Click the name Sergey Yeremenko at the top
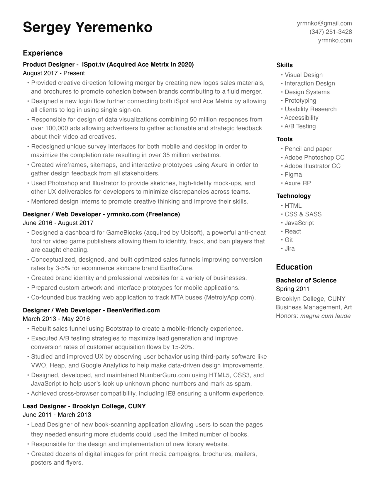click(87, 28)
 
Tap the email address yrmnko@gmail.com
click(324, 23)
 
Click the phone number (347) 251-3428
click(331, 32)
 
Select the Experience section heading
click(43, 53)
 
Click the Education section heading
click(294, 267)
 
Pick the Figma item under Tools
click(293, 175)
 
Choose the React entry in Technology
click(292, 231)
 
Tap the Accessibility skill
click(301, 118)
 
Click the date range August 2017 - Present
click(54, 73)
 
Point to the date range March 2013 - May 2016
click(56, 319)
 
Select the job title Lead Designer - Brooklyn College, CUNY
click(84, 406)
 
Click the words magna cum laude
click(325, 316)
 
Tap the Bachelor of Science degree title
click(306, 280)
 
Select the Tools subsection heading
click(284, 139)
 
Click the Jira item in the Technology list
click(290, 248)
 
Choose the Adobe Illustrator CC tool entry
click(312, 166)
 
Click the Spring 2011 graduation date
click(292, 289)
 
